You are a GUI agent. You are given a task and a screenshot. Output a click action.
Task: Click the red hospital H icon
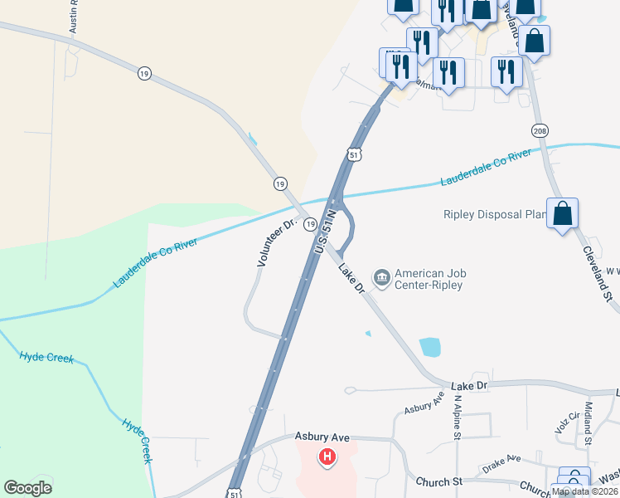point(328,456)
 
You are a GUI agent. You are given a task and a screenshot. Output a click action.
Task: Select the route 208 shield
point(540,131)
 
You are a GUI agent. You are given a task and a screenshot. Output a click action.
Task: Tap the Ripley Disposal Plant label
point(493,215)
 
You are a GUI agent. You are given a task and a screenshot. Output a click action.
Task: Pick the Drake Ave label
point(501,457)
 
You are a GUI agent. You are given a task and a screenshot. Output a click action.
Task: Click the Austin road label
point(73,17)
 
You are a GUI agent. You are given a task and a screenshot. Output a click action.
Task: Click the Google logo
point(27,488)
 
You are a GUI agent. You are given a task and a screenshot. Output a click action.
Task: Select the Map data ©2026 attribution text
point(584,491)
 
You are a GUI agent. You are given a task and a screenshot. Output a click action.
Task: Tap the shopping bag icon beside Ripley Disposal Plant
point(563,215)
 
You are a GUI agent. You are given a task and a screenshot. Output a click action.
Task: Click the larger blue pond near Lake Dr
point(429,346)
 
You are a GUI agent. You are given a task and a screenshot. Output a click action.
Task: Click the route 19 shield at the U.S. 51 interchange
point(309,224)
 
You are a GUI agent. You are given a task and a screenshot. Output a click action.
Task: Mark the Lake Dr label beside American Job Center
point(350,277)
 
